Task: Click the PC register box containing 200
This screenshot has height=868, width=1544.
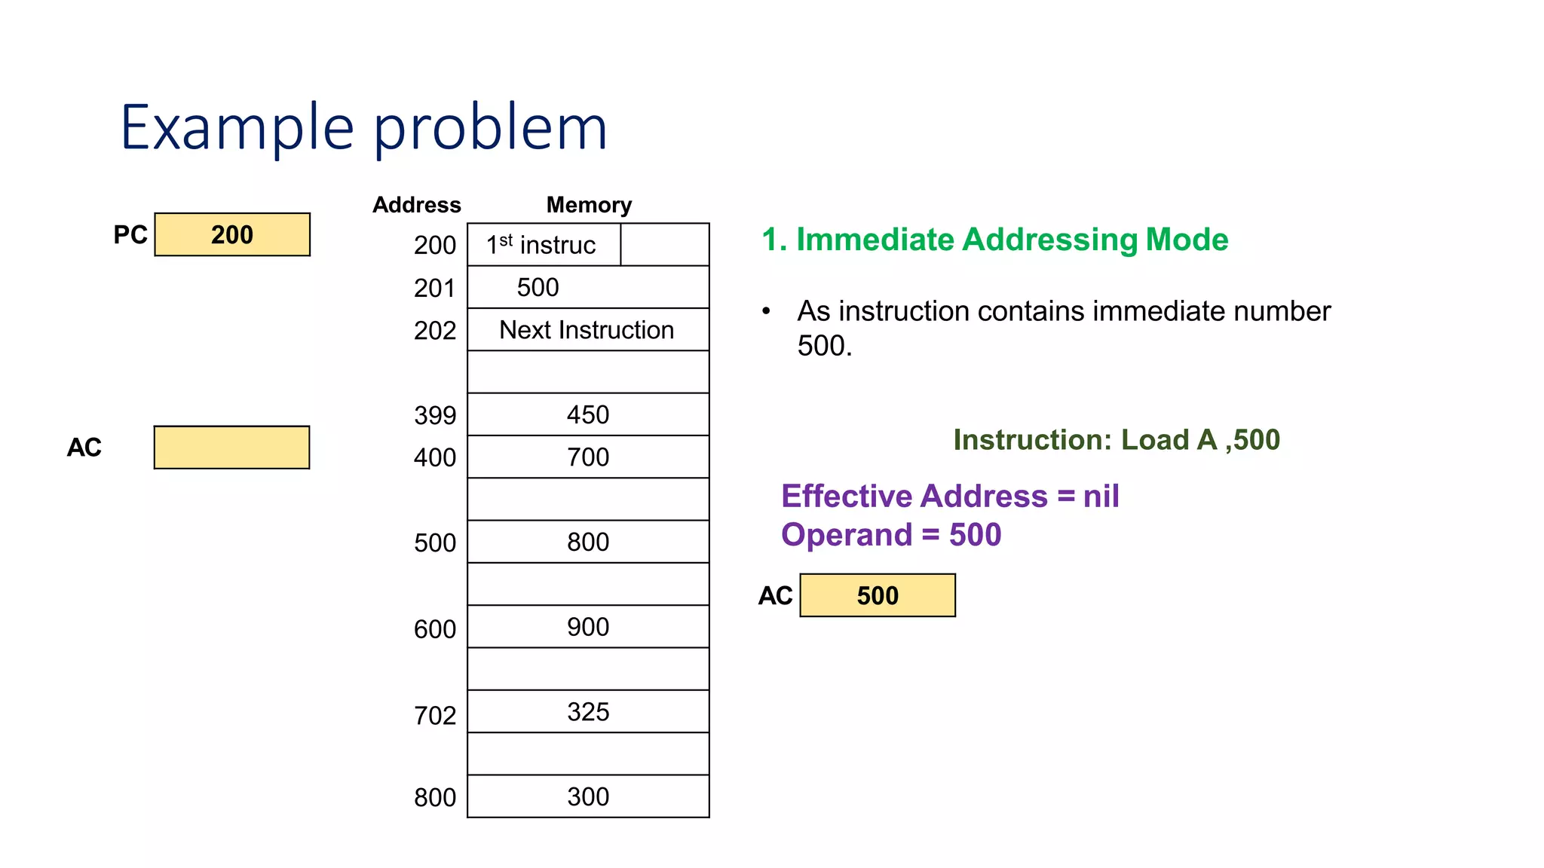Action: point(232,234)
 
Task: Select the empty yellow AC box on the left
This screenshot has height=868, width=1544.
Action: point(231,448)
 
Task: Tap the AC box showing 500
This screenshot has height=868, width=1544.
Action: point(878,595)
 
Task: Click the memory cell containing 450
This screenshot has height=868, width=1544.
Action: point(588,414)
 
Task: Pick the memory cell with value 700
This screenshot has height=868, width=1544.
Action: point(588,457)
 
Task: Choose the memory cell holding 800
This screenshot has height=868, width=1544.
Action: point(588,542)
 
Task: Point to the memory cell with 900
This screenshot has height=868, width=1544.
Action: point(588,627)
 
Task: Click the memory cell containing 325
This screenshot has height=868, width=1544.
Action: point(588,711)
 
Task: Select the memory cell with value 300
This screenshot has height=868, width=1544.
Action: point(588,796)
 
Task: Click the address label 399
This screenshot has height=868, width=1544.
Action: point(435,415)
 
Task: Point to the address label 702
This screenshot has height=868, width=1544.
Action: point(435,715)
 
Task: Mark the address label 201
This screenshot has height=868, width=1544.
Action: point(435,288)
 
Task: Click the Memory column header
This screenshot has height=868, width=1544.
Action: point(589,205)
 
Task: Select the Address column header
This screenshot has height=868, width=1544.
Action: point(417,205)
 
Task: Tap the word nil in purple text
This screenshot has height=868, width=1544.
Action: point(1101,497)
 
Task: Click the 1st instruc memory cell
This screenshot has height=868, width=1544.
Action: point(544,245)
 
